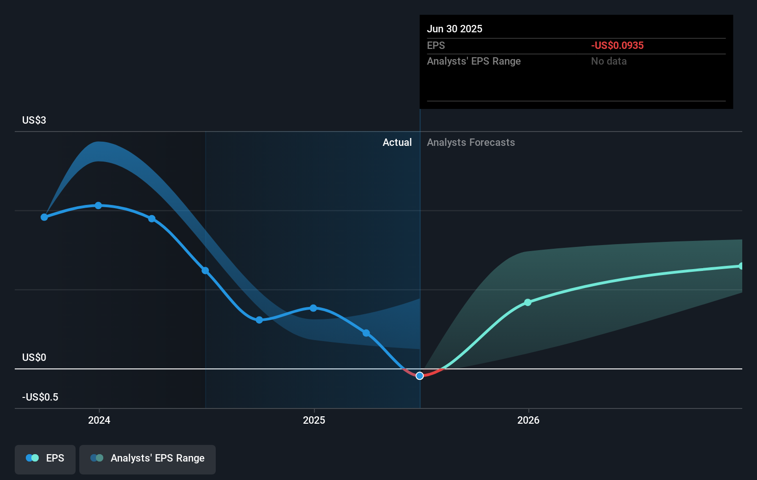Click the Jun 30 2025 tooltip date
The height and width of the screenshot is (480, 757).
pyautogui.click(x=454, y=29)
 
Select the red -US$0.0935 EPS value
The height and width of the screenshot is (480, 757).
pyautogui.click(x=617, y=45)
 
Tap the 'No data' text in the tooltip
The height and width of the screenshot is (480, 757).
pyautogui.click(x=609, y=61)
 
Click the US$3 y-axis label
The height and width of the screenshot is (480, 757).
pyautogui.click(x=34, y=120)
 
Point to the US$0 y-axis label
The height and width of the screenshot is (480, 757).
pyautogui.click(x=34, y=357)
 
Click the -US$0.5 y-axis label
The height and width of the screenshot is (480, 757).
pyautogui.click(x=40, y=397)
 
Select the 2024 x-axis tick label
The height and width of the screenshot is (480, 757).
pyautogui.click(x=99, y=420)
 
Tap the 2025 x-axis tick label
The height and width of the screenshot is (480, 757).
pyautogui.click(x=314, y=420)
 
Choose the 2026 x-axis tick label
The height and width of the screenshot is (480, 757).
pyautogui.click(x=528, y=420)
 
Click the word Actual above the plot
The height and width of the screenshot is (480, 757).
pyautogui.click(x=397, y=142)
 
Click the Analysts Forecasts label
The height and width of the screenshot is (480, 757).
pyautogui.click(x=471, y=142)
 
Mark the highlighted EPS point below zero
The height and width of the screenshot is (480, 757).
pyautogui.click(x=420, y=376)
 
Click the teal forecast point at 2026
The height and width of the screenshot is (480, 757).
pyautogui.click(x=528, y=302)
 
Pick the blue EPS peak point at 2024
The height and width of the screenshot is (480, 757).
pyautogui.click(x=98, y=205)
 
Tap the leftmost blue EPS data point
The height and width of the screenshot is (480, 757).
pyautogui.click(x=44, y=217)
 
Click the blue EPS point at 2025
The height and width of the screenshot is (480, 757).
pyautogui.click(x=313, y=308)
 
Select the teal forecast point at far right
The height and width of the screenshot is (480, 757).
pyautogui.click(x=741, y=266)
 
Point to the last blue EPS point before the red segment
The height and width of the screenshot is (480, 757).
pyautogui.click(x=366, y=333)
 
